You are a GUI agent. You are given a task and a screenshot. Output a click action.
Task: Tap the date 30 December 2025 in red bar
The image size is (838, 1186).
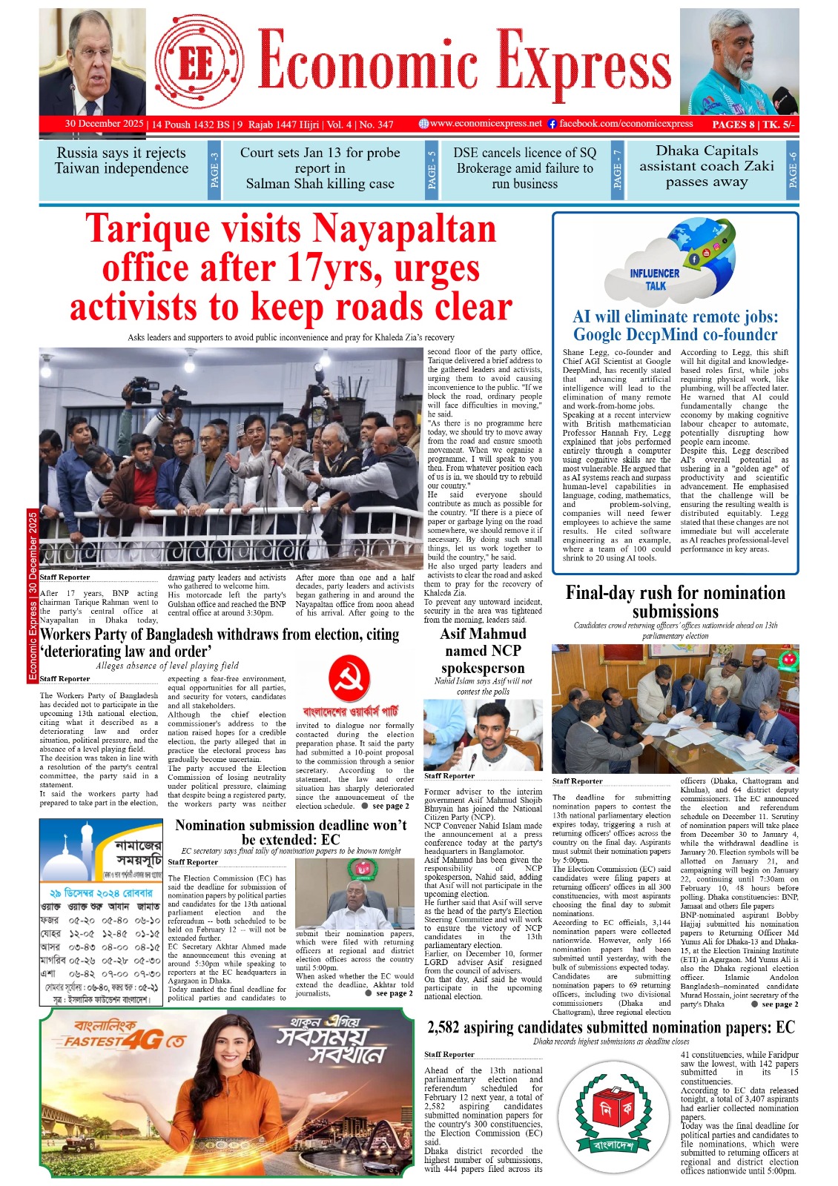click(x=104, y=124)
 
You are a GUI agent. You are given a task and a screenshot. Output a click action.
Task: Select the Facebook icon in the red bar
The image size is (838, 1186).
click(x=552, y=124)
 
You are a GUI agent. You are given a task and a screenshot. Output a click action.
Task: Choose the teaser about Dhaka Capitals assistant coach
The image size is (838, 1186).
click(x=706, y=167)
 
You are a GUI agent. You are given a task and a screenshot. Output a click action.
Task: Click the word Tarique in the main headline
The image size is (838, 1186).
click(x=157, y=229)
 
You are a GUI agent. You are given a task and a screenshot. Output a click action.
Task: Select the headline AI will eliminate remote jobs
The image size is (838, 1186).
click(x=676, y=325)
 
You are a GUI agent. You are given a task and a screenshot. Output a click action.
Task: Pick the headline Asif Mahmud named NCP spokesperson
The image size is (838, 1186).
click(x=483, y=650)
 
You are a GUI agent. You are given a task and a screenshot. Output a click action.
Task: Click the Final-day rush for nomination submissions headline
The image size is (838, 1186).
click(x=675, y=602)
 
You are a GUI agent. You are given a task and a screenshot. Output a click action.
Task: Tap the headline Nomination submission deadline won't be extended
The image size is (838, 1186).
click(x=291, y=832)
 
